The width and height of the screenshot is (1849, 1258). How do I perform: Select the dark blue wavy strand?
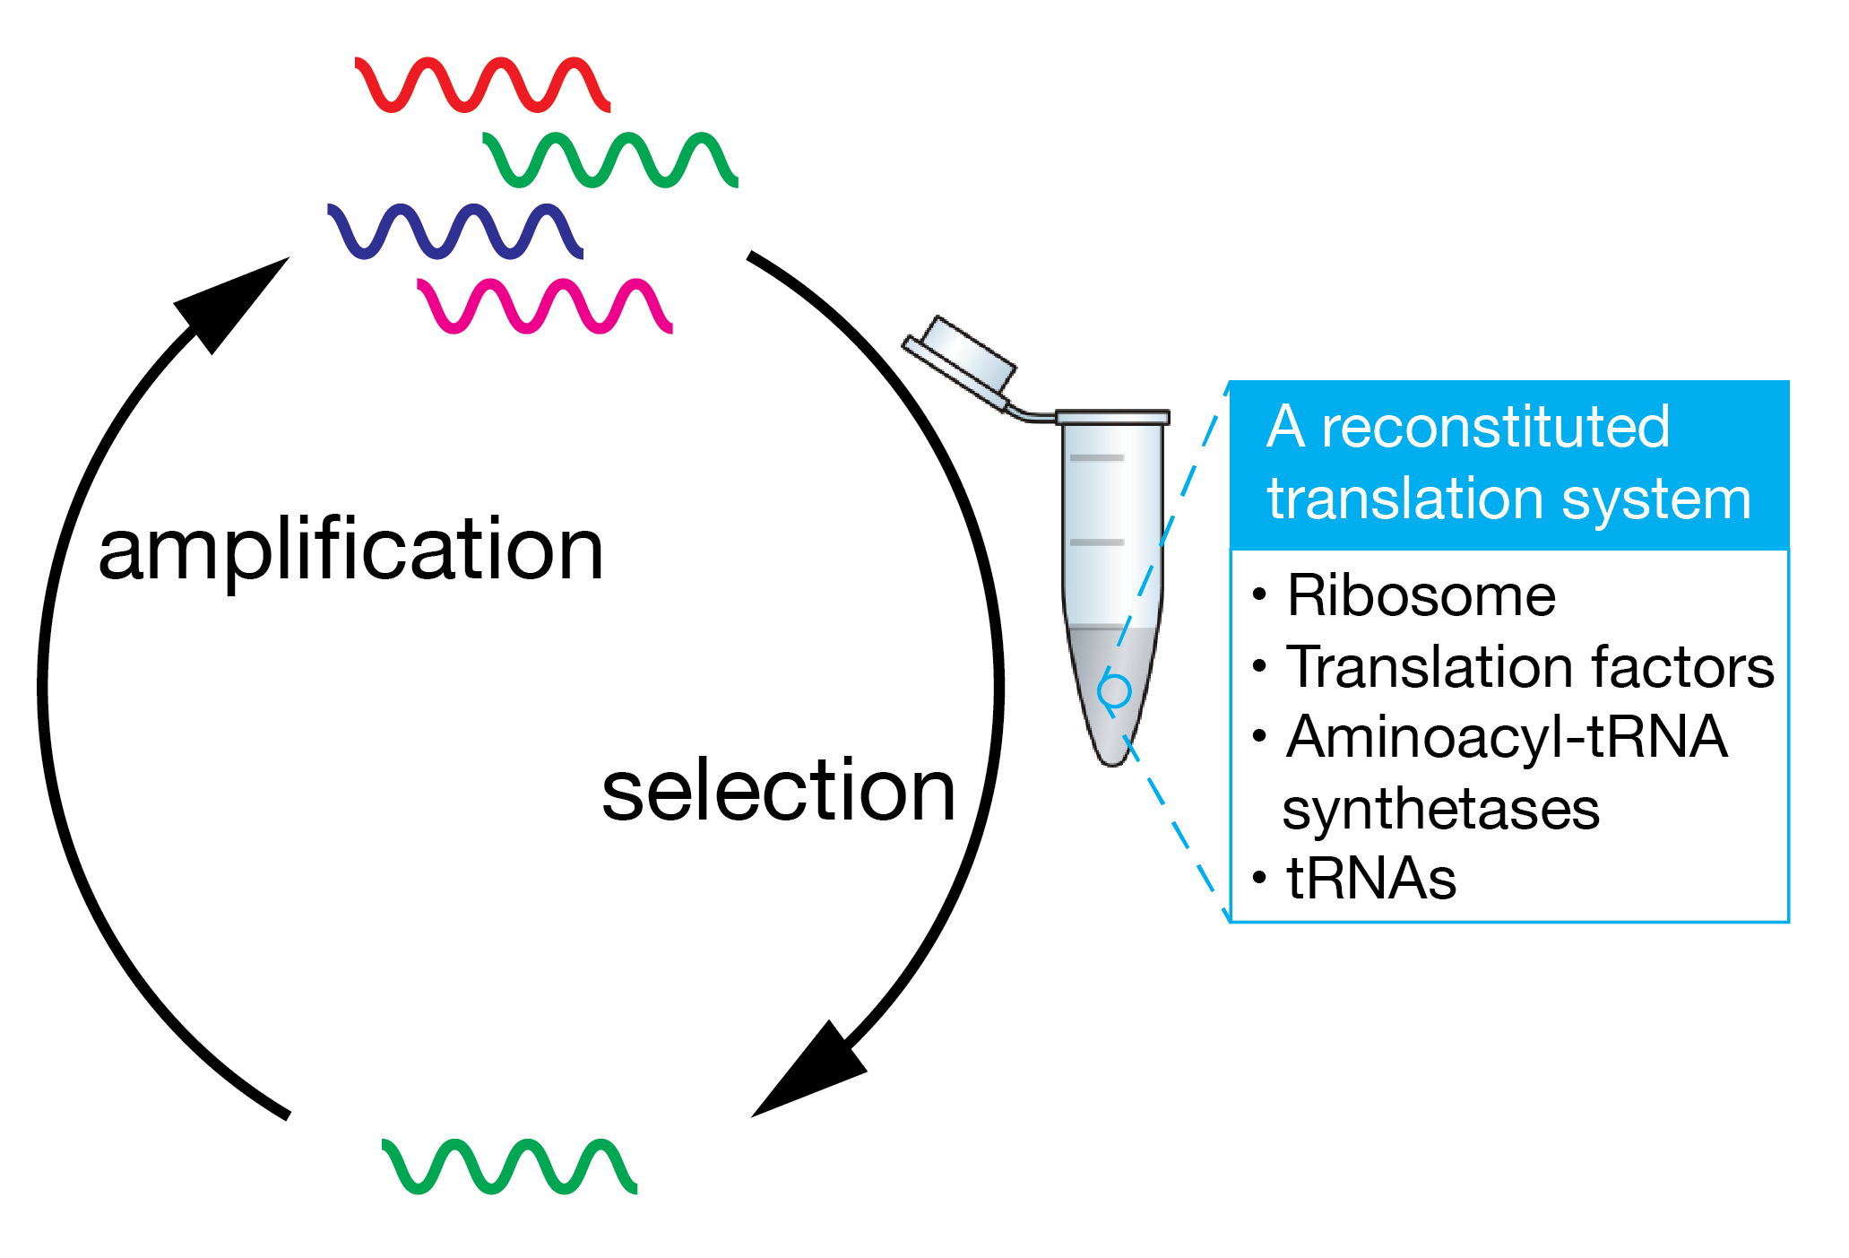455,231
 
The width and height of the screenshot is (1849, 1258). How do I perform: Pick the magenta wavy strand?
545,306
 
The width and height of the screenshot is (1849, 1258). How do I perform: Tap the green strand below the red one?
609,160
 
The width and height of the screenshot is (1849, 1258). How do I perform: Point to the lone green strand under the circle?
509,1166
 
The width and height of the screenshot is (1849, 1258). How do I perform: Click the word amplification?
350,550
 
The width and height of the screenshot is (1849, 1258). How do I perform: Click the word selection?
778,791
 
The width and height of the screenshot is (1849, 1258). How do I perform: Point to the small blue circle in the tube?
1114,691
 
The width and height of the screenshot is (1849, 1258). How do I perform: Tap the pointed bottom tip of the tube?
1113,758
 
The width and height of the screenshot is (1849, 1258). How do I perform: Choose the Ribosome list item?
1421,595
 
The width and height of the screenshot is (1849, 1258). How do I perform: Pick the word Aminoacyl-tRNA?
1506,737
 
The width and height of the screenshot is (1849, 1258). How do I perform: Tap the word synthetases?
1440,809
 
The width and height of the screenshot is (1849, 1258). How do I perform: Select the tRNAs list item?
1370,879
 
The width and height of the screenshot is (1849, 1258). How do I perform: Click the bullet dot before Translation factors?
1259,666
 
